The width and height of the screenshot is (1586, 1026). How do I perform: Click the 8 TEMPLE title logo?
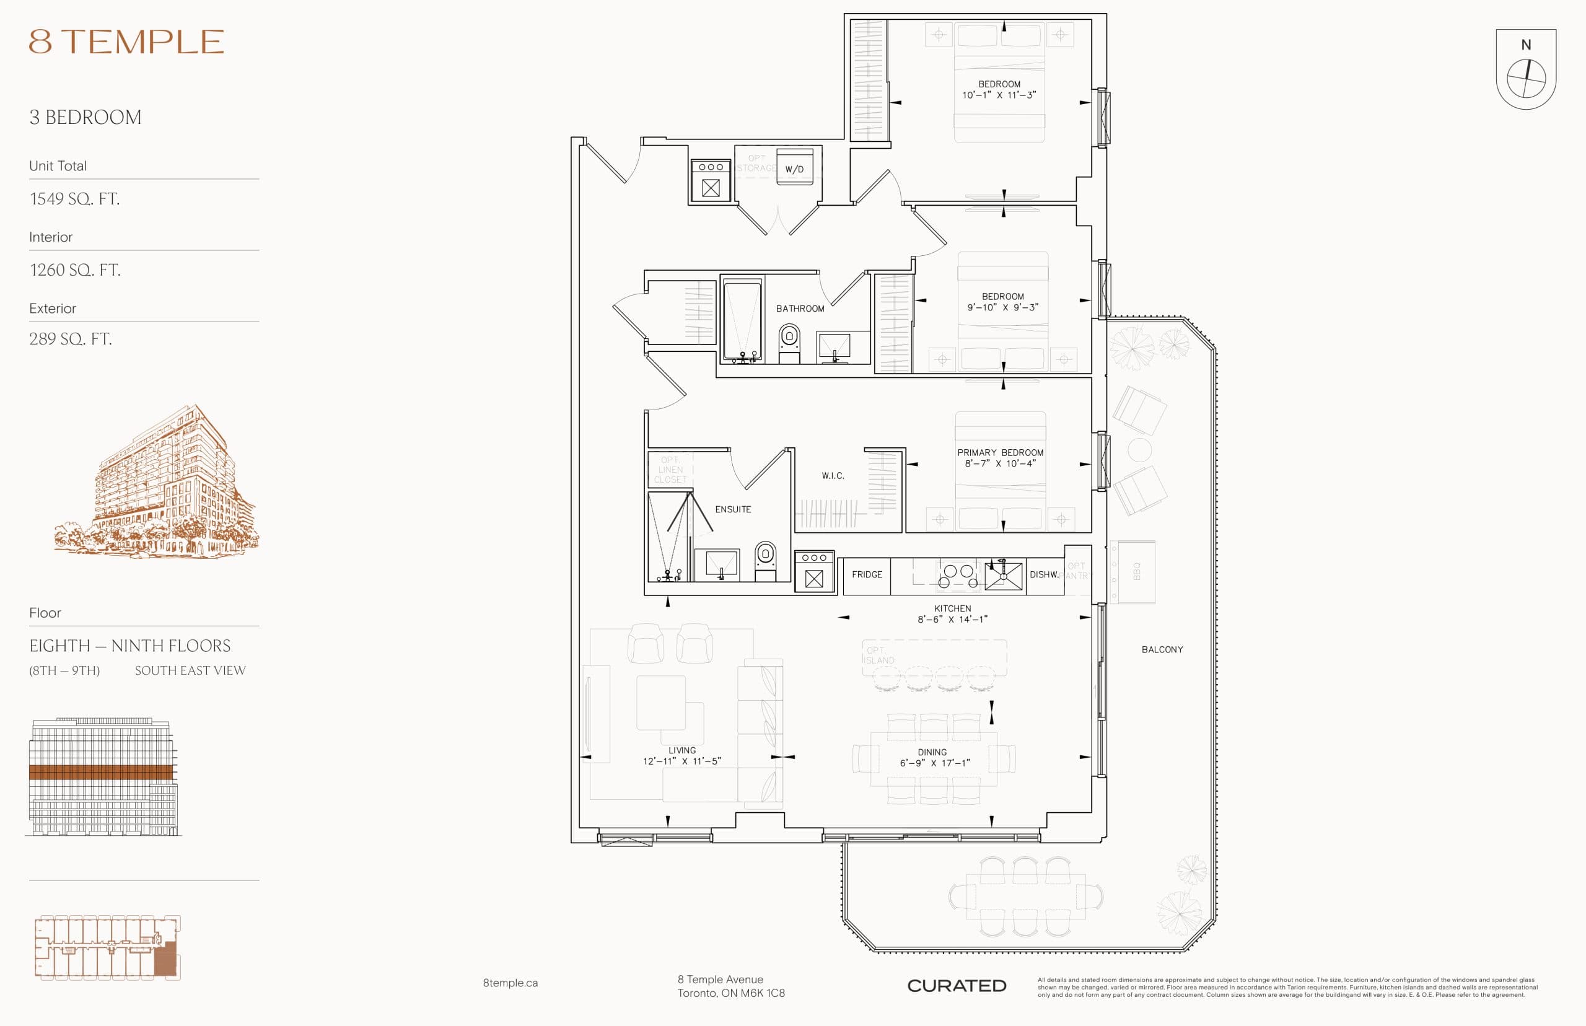[x=126, y=42]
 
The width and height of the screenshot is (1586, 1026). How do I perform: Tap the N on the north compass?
[x=1525, y=45]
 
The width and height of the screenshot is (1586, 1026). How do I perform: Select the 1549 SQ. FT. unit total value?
[x=74, y=198]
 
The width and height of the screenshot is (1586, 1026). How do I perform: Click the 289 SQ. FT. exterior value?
[x=71, y=339]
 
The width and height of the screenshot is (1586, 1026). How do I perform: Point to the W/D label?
[x=794, y=169]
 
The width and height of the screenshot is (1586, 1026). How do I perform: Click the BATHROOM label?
[x=799, y=309]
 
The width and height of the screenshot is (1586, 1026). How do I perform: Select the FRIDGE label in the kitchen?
[x=867, y=574]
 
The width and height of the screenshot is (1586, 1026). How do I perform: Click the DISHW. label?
[x=1044, y=574]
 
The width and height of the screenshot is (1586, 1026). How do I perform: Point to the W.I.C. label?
[x=833, y=476]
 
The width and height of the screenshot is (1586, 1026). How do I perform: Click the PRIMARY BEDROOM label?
[x=1000, y=452]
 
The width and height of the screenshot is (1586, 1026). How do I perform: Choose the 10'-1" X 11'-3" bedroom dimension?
[x=999, y=95]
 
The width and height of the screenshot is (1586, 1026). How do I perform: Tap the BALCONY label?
[x=1162, y=649]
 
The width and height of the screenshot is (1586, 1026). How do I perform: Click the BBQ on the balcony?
[x=1136, y=572]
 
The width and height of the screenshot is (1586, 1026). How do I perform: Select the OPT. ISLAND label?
[x=879, y=655]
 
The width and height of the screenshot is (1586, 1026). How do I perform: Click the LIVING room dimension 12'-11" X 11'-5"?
[x=681, y=761]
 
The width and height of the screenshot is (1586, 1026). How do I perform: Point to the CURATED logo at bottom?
[x=956, y=985]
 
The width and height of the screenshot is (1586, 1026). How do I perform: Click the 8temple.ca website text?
[x=510, y=983]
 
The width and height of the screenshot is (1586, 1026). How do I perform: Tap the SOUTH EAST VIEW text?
[x=190, y=671]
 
